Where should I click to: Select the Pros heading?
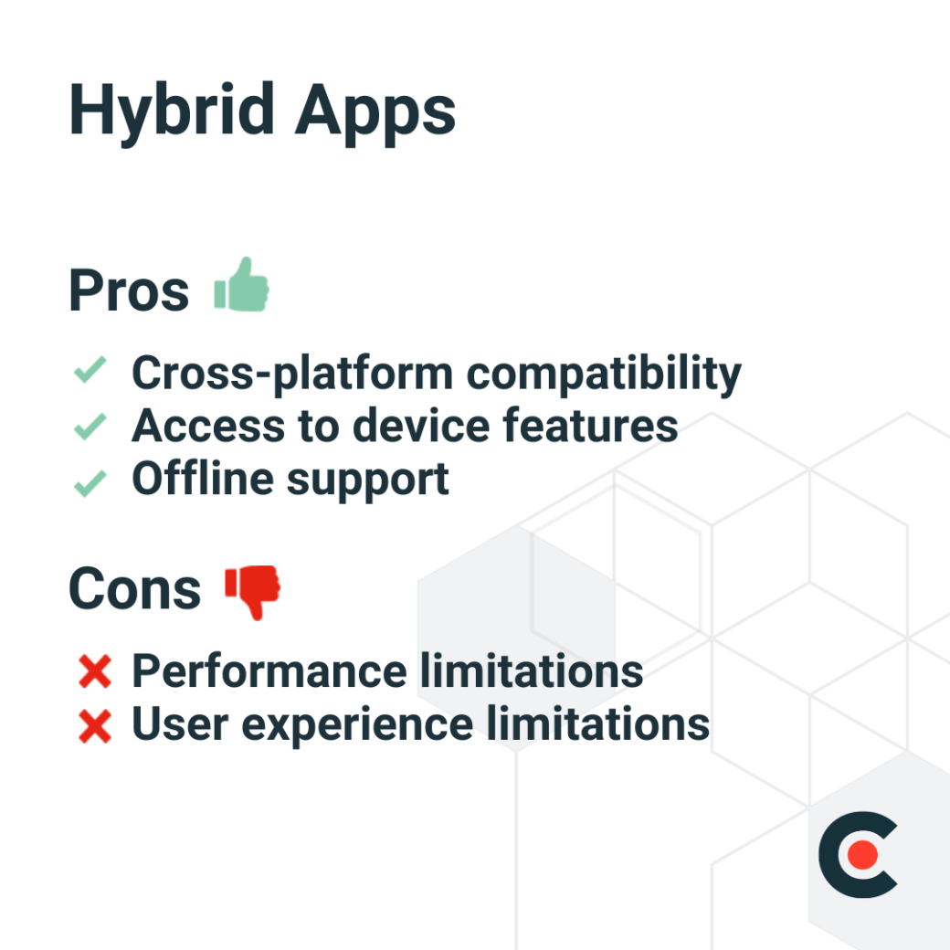tap(129, 291)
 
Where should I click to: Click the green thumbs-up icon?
tap(242, 285)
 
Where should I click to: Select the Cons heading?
tap(134, 589)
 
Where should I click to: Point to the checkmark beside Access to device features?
tap(90, 426)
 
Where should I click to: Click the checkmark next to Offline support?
tap(90, 481)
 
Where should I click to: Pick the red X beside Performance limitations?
tap(95, 673)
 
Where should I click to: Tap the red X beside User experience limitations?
tap(95, 727)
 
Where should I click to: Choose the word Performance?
tap(269, 671)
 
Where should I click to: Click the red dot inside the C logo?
tap(862, 855)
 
